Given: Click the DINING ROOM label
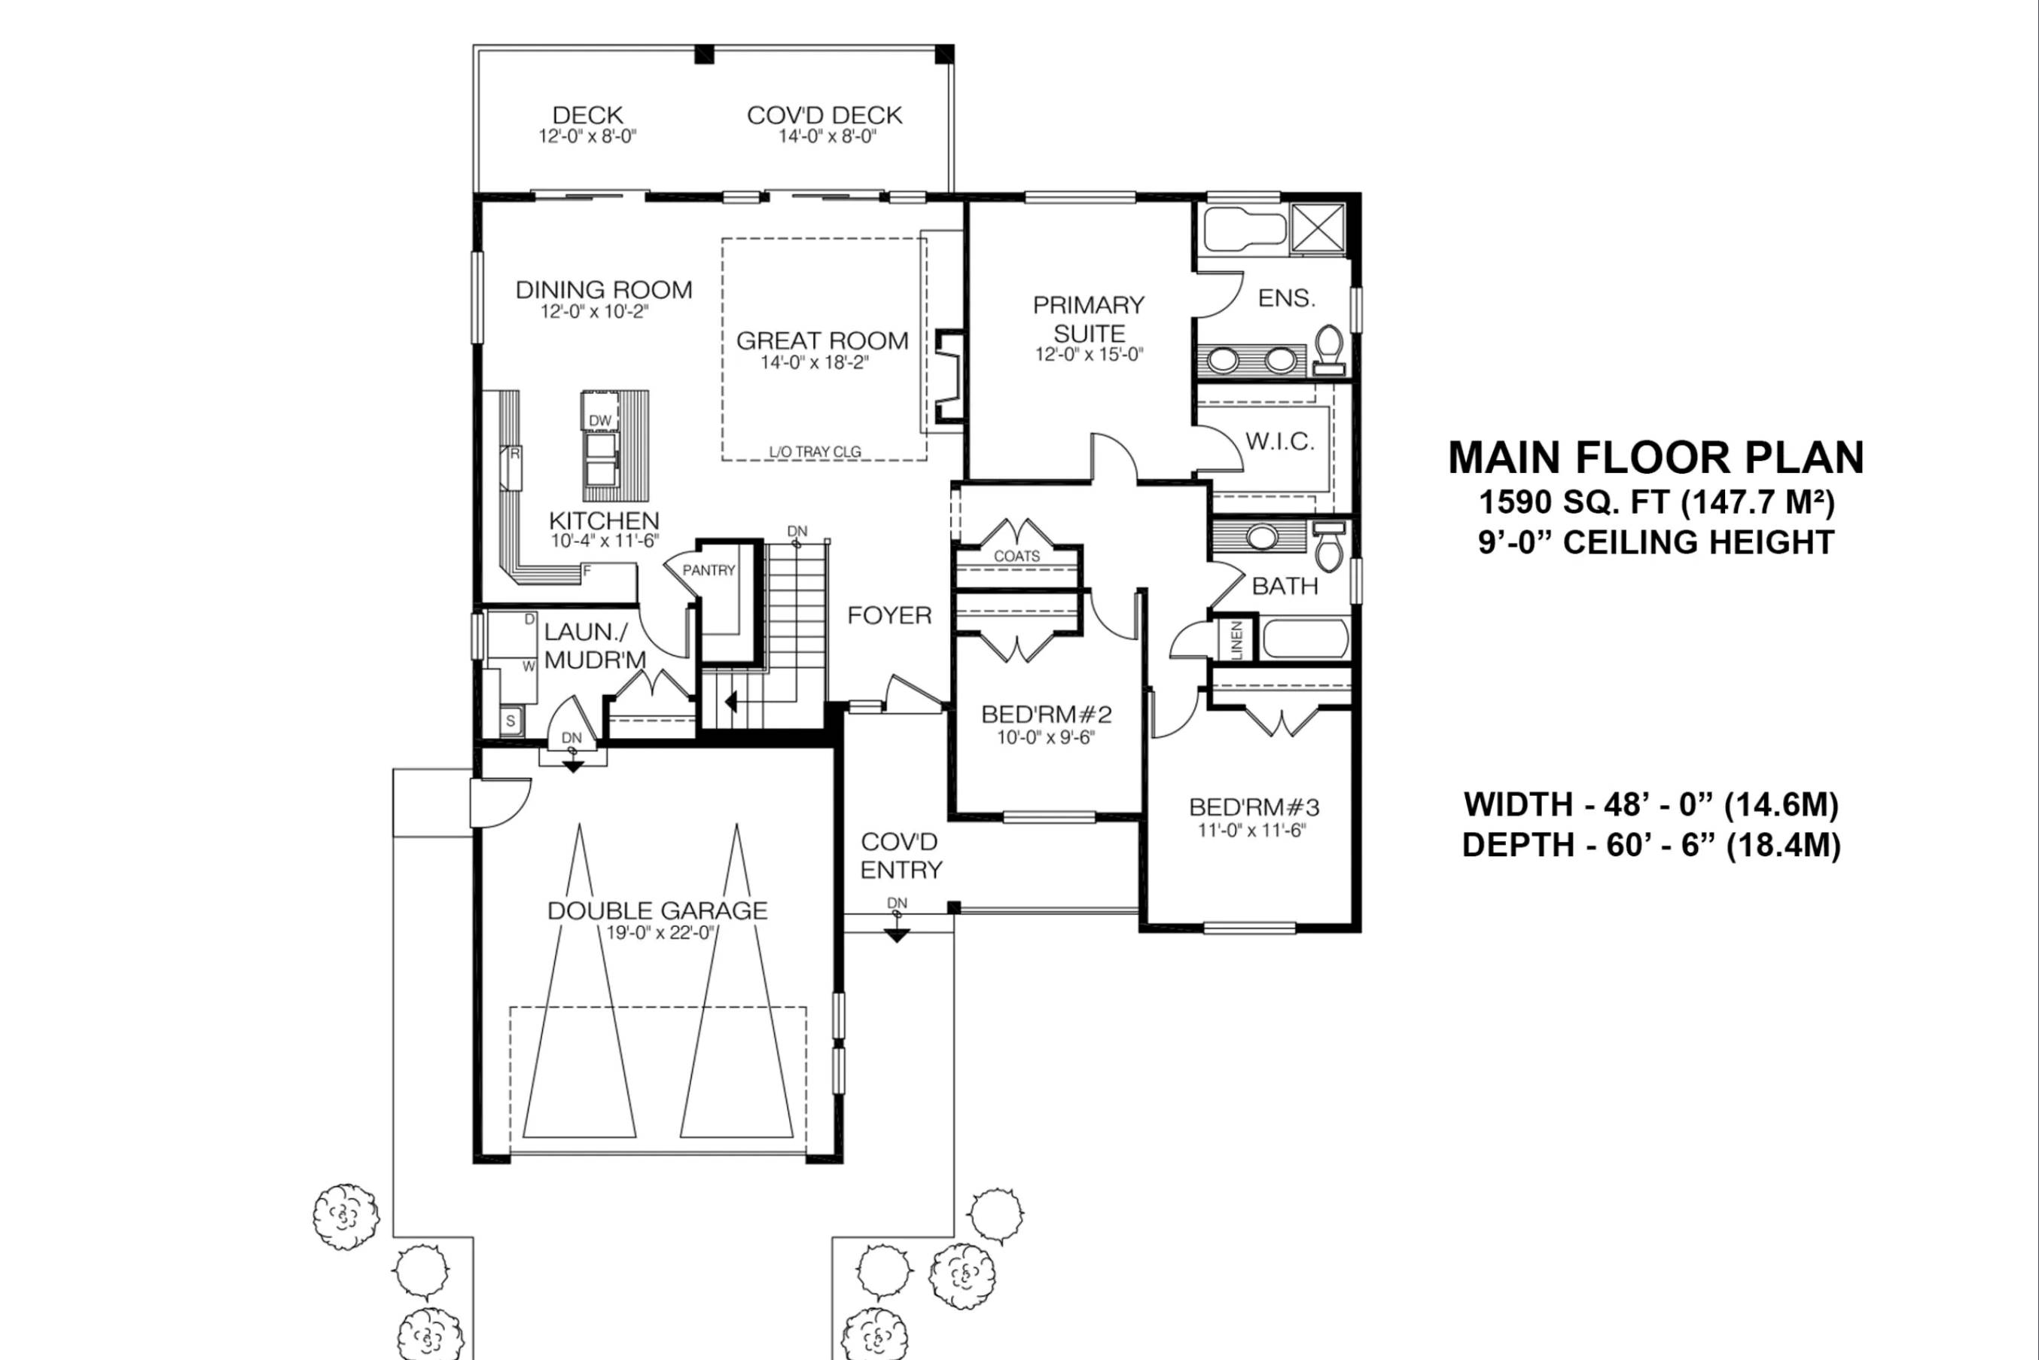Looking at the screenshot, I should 604,290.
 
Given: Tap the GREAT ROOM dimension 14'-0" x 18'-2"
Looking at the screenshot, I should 815,362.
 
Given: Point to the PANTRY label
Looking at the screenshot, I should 709,570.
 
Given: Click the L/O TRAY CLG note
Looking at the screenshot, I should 815,452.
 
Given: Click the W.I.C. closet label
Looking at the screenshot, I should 1279,441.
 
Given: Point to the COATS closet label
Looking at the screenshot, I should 1016,556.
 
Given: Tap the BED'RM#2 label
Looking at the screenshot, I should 1046,715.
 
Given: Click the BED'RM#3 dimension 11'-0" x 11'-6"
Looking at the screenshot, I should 1251,830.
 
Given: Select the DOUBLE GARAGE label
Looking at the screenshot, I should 657,910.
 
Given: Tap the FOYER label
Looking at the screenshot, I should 889,616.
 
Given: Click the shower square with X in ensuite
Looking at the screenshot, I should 1318,228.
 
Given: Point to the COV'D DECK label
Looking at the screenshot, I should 824,115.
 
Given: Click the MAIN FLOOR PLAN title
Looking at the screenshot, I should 1656,458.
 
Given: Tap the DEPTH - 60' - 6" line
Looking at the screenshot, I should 1651,845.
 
